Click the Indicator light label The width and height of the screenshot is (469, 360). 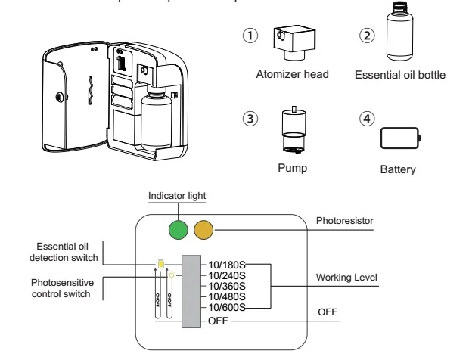pos(177,196)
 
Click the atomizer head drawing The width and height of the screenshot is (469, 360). pos(288,44)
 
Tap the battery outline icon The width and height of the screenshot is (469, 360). pos(399,140)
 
